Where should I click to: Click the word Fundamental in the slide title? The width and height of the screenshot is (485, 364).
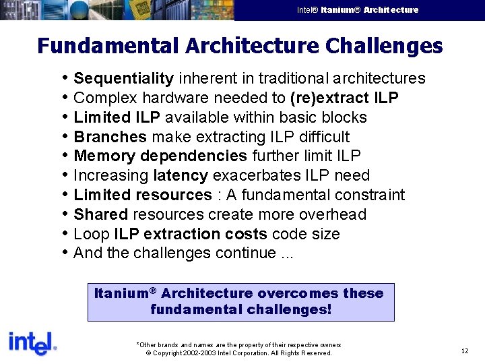click(x=108, y=46)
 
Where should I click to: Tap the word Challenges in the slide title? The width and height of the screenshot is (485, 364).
click(x=384, y=46)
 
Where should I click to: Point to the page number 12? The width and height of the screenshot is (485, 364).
click(x=465, y=351)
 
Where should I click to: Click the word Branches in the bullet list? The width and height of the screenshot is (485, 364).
click(x=110, y=137)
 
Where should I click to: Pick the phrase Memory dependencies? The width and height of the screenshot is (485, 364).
click(x=160, y=156)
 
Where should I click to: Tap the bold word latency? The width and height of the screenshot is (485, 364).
click(x=180, y=176)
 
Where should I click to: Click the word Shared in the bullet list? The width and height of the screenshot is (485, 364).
click(x=100, y=215)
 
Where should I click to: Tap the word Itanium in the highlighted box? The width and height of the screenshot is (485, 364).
click(x=121, y=293)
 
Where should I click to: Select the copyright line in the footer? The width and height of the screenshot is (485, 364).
click(x=238, y=353)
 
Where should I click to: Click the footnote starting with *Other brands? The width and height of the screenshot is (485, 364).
click(x=238, y=344)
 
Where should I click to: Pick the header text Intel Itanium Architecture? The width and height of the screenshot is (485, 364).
click(x=357, y=10)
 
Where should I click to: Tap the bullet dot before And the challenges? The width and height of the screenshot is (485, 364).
click(x=65, y=253)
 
